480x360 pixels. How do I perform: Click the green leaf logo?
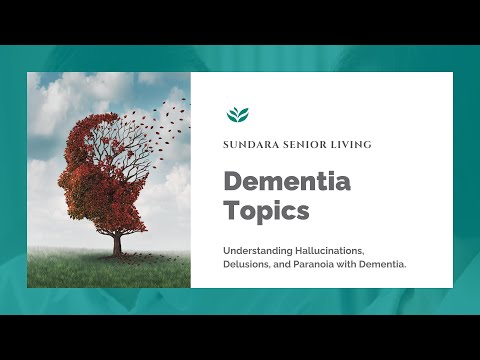(238, 114)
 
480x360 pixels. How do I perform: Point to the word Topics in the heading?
(266, 212)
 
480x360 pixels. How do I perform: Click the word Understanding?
(260, 248)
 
